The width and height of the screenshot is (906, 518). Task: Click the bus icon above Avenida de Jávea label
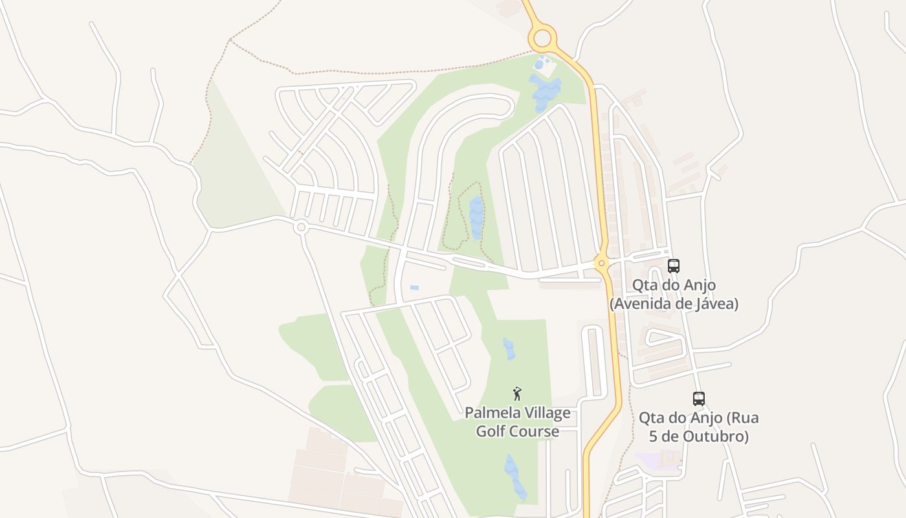tap(673, 265)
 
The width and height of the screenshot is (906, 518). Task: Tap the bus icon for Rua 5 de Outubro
tap(698, 398)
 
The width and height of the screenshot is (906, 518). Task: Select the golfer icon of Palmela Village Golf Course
tap(517, 394)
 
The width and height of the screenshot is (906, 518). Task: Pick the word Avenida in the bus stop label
tap(641, 303)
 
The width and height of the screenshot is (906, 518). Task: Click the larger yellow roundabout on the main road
tap(542, 38)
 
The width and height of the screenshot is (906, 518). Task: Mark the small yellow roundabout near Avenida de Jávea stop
tap(602, 263)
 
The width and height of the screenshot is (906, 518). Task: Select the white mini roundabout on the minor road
tap(300, 227)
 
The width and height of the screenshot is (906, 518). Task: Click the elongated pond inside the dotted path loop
tap(476, 217)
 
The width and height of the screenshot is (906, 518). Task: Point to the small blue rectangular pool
tap(414, 287)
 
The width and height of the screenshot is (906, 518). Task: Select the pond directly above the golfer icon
tap(509, 349)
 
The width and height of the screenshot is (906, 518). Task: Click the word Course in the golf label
tap(535, 431)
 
